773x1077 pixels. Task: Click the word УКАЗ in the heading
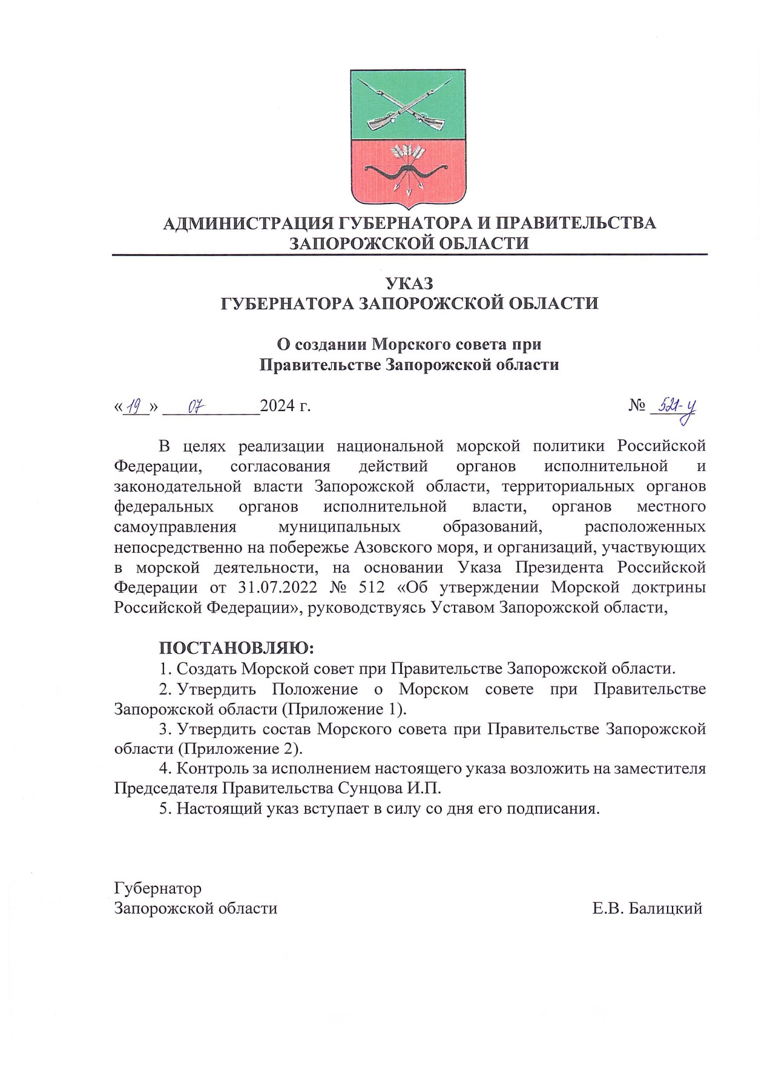pos(410,283)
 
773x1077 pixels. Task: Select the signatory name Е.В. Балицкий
pos(648,908)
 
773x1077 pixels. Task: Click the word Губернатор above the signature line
pos(158,888)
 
